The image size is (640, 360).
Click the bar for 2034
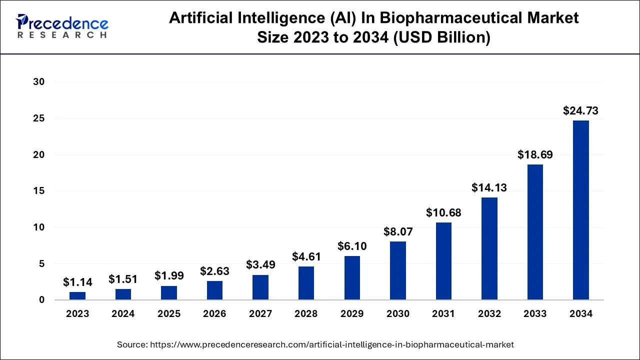pos(580,210)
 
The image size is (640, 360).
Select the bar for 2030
pos(398,270)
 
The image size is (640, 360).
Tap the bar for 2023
pos(77,295)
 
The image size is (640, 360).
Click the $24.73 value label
pos(580,111)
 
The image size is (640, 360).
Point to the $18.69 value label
pos(535,155)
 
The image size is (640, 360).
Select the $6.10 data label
pos(352,246)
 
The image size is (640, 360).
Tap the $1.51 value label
pos(123,279)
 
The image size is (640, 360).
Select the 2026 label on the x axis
pos(214,314)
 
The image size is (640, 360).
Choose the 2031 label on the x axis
pos(443,314)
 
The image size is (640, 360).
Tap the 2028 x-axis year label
pos(306,314)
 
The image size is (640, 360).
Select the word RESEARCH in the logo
pos(62,35)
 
